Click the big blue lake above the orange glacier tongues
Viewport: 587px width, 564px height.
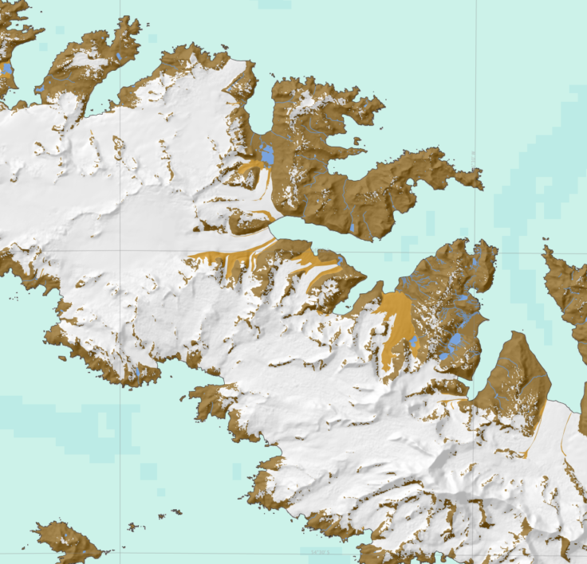pyautogui.click(x=266, y=153)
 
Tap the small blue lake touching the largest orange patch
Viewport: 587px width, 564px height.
pyautogui.click(x=413, y=343)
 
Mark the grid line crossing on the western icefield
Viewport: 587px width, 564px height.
pyautogui.click(x=120, y=250)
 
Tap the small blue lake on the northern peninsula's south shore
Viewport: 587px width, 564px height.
pyautogui.click(x=352, y=228)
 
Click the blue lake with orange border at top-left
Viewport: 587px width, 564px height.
pyautogui.click(x=8, y=70)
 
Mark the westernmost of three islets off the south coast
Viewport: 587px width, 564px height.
pyautogui.click(x=132, y=527)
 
